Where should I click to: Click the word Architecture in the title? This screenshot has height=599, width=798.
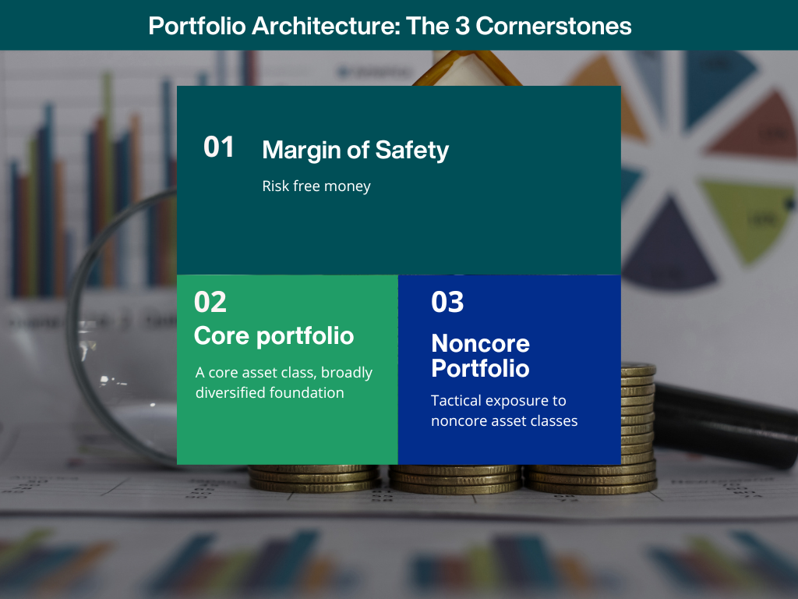tap(327, 26)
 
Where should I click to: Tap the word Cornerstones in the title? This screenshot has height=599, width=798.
tap(553, 26)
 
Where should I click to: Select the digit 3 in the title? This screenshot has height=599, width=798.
tap(462, 26)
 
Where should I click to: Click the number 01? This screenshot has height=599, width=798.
tap(218, 147)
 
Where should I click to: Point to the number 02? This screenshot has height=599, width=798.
tap(210, 302)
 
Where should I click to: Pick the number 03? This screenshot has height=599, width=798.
tap(447, 302)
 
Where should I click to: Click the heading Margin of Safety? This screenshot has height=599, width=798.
tap(355, 151)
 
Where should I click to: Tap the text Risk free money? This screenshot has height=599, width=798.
tap(316, 186)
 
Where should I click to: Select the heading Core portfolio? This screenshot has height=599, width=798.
tap(274, 336)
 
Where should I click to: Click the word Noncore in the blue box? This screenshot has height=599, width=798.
tap(480, 343)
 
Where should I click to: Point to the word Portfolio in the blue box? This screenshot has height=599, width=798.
tap(480, 368)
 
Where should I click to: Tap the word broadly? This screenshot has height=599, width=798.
tap(347, 373)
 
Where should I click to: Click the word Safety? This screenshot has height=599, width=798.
tap(411, 151)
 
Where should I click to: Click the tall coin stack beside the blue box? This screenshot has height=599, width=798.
tap(637, 419)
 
